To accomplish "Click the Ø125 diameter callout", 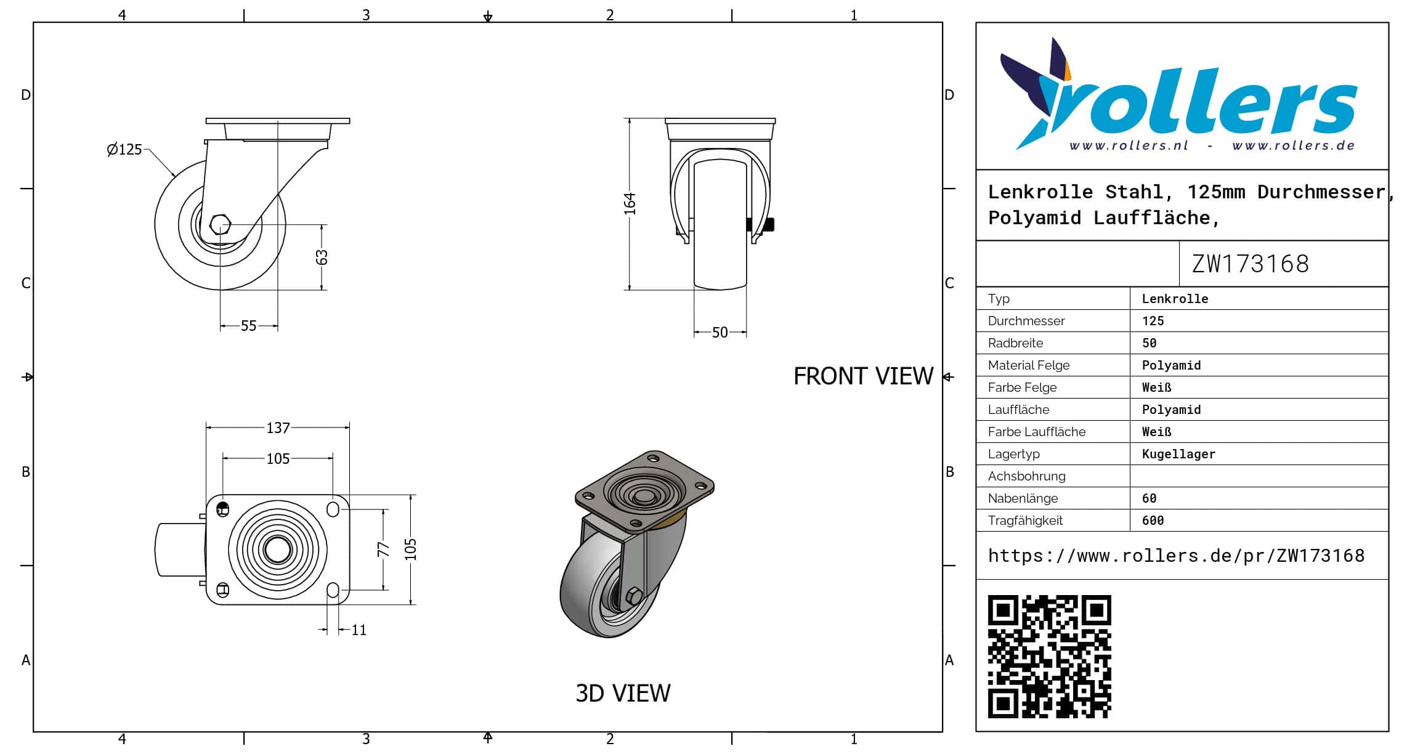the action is pyautogui.click(x=124, y=149).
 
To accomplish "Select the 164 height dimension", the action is pyautogui.click(x=629, y=203).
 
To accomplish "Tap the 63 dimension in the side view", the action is pyautogui.click(x=322, y=257).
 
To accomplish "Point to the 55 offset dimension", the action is pyautogui.click(x=248, y=325).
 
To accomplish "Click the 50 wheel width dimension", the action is pyautogui.click(x=720, y=333).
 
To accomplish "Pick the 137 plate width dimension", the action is pyautogui.click(x=278, y=428).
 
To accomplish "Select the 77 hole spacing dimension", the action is pyautogui.click(x=384, y=549).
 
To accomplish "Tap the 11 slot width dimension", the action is pyautogui.click(x=359, y=630).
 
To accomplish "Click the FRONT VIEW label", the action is pyautogui.click(x=863, y=376).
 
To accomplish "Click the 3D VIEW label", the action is pyautogui.click(x=623, y=693).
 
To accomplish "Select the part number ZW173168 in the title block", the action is pyautogui.click(x=1250, y=264).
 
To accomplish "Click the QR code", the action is pyautogui.click(x=1049, y=656).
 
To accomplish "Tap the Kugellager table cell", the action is pyautogui.click(x=1178, y=454).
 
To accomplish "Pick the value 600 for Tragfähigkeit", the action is pyautogui.click(x=1153, y=521).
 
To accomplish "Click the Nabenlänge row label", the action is pyautogui.click(x=1023, y=498).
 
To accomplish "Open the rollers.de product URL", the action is pyautogui.click(x=1176, y=556).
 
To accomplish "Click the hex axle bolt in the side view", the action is pyautogui.click(x=220, y=224).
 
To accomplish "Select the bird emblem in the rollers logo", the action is pyautogui.click(x=1037, y=92).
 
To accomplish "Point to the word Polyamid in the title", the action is pyautogui.click(x=1034, y=217).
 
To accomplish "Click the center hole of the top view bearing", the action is pyautogui.click(x=278, y=549).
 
